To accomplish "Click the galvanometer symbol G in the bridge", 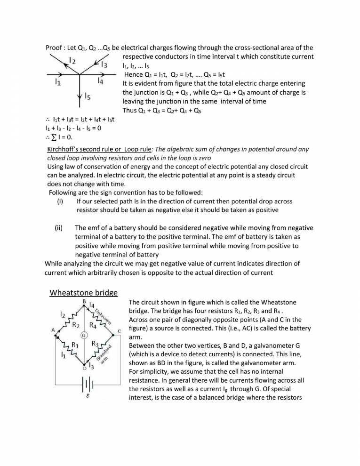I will click(83, 335).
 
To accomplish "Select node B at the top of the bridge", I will click(83, 302).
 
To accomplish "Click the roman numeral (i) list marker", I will click(59, 201).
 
